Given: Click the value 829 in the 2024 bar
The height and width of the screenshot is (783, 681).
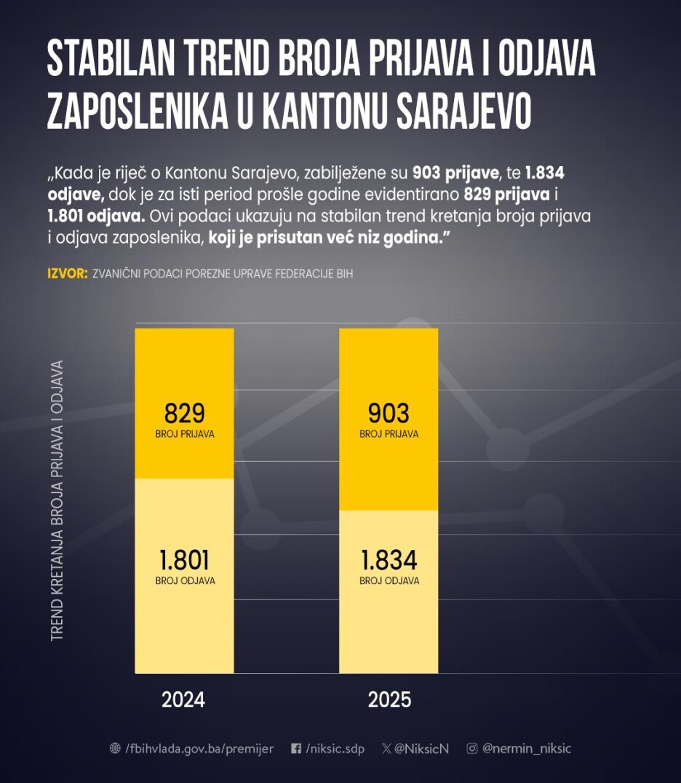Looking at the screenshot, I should [184, 414].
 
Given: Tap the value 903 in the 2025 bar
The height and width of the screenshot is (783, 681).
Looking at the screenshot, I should [389, 414].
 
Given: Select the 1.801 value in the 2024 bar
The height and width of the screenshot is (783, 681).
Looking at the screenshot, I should [184, 560].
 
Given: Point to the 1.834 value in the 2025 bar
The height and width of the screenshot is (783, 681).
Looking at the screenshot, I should [389, 560].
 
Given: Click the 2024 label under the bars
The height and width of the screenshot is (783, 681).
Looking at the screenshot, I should [183, 700].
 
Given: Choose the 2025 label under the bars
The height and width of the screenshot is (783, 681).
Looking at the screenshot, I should [389, 700].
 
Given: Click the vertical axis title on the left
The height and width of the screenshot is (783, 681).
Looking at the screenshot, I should [57, 500].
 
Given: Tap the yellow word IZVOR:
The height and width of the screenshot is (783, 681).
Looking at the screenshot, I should [67, 274].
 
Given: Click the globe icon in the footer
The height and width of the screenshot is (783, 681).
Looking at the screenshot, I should [115, 749].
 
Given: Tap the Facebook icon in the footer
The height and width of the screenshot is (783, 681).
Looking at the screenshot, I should [296, 749].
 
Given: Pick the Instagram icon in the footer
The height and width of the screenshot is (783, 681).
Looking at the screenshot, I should [472, 749].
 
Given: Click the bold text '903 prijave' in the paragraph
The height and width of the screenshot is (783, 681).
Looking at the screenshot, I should [456, 173].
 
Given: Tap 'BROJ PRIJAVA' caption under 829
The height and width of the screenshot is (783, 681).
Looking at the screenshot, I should [184, 434].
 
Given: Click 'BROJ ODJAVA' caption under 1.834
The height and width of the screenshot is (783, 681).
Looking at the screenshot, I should [389, 581].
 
